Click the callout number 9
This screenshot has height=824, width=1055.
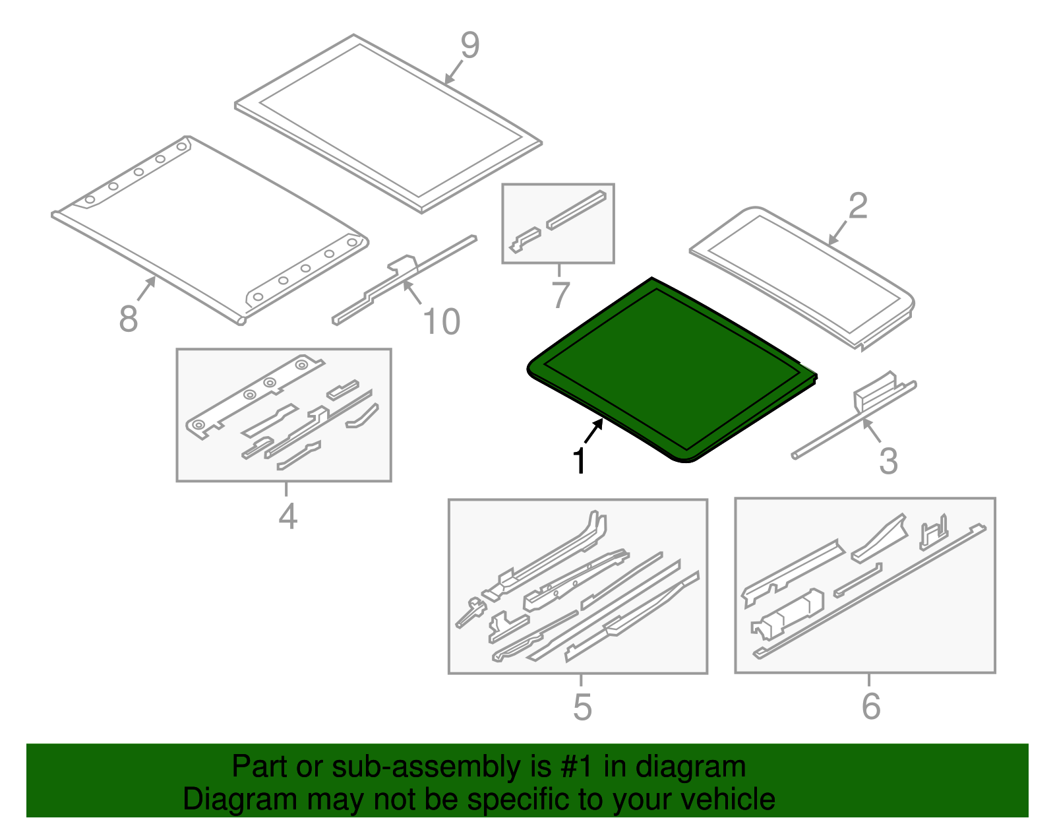pyautogui.click(x=470, y=45)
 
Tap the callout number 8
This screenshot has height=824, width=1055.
pyautogui.click(x=128, y=319)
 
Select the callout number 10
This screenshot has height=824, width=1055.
pyautogui.click(x=441, y=321)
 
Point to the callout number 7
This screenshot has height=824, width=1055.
pyautogui.click(x=561, y=294)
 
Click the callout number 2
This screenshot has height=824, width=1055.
pyautogui.click(x=858, y=206)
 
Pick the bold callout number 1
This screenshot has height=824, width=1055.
pyautogui.click(x=579, y=460)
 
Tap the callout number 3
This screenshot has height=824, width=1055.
pyautogui.click(x=888, y=460)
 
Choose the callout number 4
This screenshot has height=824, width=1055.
pyautogui.click(x=288, y=516)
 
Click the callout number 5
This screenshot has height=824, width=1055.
pyautogui.click(x=583, y=707)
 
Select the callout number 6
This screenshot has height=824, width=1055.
pyautogui.click(x=871, y=706)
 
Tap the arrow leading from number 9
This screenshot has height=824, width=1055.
pyautogui.click(x=454, y=73)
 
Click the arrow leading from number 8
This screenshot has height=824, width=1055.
pyautogui.click(x=146, y=288)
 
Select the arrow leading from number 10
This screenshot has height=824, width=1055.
pyautogui.click(x=412, y=292)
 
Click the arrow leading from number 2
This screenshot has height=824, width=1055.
pyautogui.click(x=837, y=233)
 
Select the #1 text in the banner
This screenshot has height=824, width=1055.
pyautogui.click(x=577, y=767)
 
